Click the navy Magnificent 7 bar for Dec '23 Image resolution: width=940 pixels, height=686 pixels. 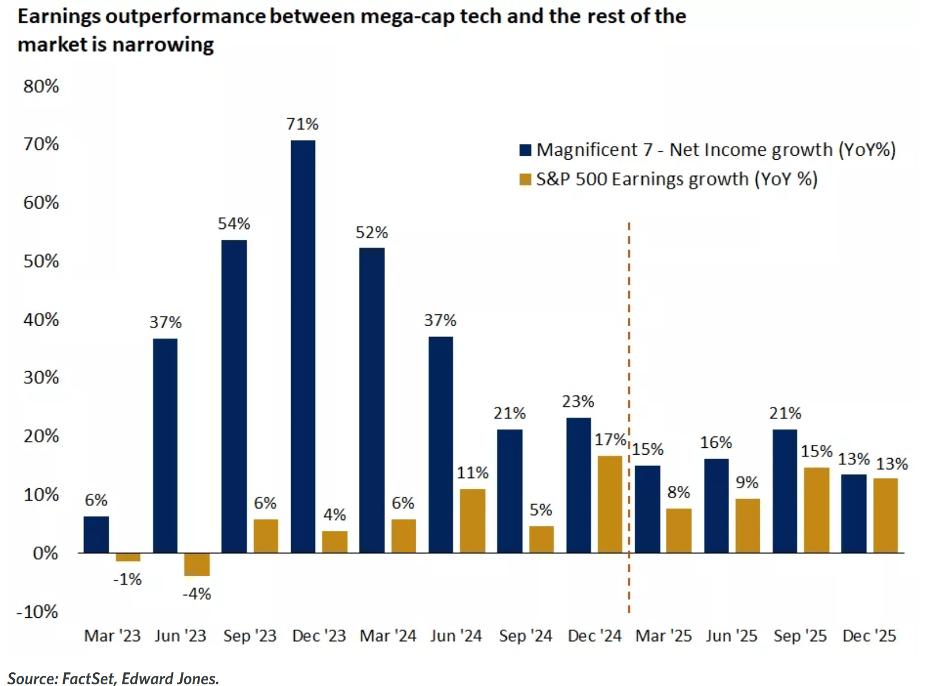tap(303, 346)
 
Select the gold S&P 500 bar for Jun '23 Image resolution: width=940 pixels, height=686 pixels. tap(197, 564)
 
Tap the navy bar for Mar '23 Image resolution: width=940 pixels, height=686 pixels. tap(96, 535)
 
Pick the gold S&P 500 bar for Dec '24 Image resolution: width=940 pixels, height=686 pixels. tap(610, 505)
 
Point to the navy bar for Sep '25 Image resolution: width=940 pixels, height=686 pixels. tap(785, 492)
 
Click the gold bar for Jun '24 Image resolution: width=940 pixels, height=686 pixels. tap(473, 521)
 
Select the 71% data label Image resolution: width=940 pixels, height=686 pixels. tap(303, 124)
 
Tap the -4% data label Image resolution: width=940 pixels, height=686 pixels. tap(197, 594)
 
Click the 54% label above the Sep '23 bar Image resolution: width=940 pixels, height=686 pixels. tap(234, 224)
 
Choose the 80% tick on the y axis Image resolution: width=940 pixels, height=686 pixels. tap(41, 86)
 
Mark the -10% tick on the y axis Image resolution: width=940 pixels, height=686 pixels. tap(38, 612)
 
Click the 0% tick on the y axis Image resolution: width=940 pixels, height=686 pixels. tap(45, 554)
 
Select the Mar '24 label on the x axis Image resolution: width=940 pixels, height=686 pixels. tap(388, 636)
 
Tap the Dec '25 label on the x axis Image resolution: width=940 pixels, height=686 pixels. tap(869, 636)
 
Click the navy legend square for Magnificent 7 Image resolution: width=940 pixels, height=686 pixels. tap(525, 149)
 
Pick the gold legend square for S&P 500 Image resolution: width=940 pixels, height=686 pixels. tap(525, 180)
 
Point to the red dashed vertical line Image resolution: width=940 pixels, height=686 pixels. tap(629, 418)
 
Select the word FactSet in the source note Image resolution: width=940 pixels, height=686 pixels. tap(88, 678)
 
